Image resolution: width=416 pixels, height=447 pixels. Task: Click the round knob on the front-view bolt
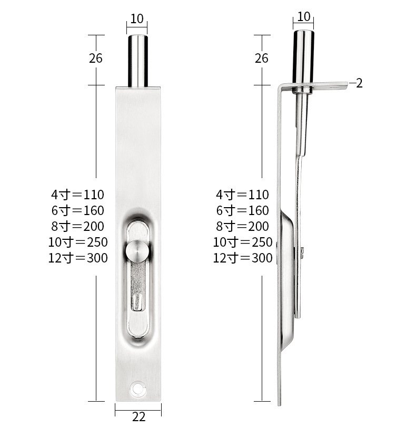click(137, 251)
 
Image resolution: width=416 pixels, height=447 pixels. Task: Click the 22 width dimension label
click(138, 417)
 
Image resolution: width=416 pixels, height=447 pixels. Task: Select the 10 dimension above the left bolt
click(137, 19)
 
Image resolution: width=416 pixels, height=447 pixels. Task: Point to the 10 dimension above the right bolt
click(303, 16)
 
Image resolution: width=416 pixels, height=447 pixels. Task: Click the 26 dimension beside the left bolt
click(95, 58)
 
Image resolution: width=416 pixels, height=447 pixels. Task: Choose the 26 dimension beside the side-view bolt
click(261, 58)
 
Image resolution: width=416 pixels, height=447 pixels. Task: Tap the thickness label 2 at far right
click(359, 83)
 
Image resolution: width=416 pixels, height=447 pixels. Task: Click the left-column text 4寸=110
click(77, 195)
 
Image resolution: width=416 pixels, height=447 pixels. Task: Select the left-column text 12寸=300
click(78, 258)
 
